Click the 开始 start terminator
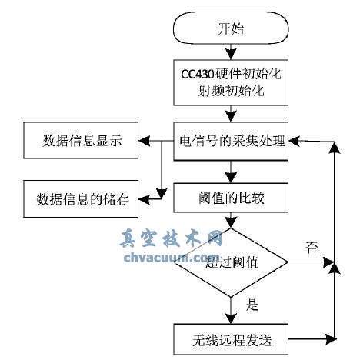[231, 30]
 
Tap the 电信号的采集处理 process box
[231, 142]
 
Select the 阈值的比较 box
[231, 198]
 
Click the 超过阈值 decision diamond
[231, 262]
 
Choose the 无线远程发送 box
[231, 338]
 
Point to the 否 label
[312, 248]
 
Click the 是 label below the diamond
[252, 305]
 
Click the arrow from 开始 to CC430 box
[231, 55]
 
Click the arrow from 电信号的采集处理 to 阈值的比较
[231, 171]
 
